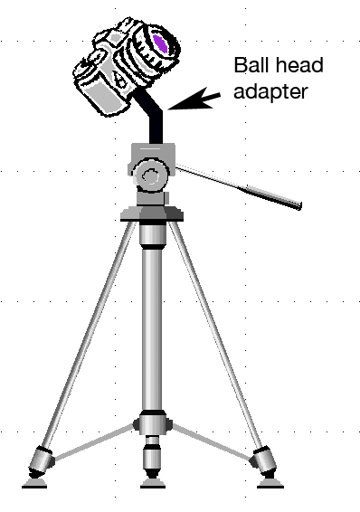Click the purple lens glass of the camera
click(160, 43)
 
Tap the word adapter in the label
click(270, 91)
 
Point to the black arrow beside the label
click(194, 99)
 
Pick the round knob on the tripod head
click(151, 176)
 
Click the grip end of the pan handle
click(273, 197)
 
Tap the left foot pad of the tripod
click(34, 484)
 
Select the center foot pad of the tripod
click(153, 484)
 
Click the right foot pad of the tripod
click(270, 484)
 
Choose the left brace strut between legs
click(95, 442)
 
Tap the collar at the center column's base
click(153, 423)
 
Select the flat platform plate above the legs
click(152, 214)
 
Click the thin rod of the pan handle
click(212, 176)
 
